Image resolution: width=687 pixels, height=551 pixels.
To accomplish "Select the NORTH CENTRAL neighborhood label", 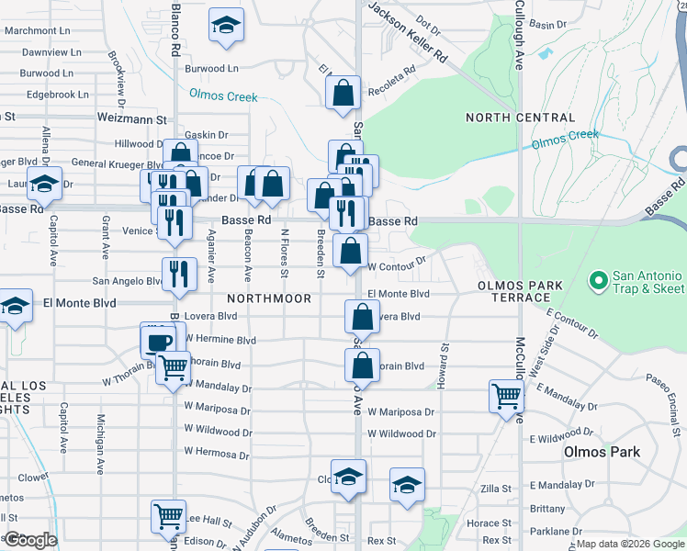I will point(520,118).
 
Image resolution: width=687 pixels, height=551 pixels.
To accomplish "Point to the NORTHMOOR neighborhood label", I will point(268,298).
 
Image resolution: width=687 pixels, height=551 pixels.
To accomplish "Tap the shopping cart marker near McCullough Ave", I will point(506,397).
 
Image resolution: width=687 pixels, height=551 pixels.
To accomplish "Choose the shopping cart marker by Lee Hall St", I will point(169,517).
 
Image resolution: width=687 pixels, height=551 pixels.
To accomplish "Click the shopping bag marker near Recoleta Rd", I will point(343,92).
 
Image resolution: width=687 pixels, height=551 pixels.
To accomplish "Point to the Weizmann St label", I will point(133,119).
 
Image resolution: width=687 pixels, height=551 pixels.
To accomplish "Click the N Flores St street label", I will point(284,253).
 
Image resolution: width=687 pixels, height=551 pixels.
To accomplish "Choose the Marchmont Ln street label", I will point(38,30).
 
